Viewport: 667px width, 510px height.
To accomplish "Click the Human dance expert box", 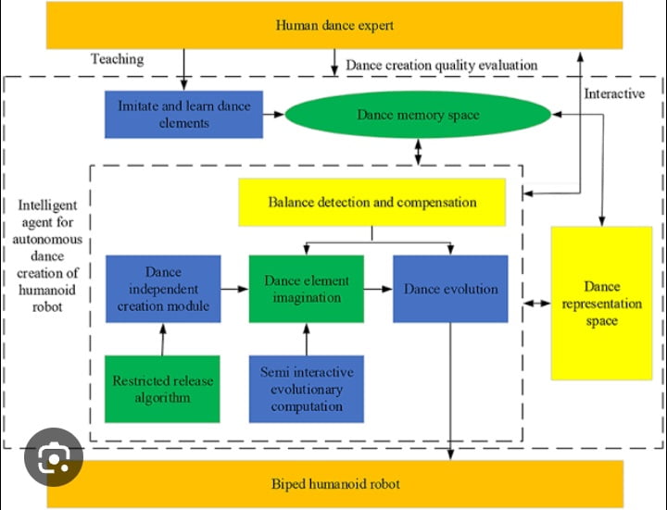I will pyautogui.click(x=334, y=25).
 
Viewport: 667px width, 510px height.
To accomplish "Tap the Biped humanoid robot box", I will pyautogui.click(x=334, y=484).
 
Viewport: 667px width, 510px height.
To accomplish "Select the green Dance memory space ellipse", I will pyautogui.click(x=418, y=115).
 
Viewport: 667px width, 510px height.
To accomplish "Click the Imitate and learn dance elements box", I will pyautogui.click(x=183, y=114).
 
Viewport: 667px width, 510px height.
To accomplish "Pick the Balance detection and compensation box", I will pyautogui.click(x=372, y=202).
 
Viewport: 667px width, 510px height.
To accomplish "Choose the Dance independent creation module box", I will pyautogui.click(x=163, y=289).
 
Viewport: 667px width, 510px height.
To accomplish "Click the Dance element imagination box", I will pyautogui.click(x=306, y=289).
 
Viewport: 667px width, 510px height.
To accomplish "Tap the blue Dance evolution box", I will pyautogui.click(x=450, y=289).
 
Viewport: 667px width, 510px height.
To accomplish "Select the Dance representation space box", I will pyautogui.click(x=600, y=303).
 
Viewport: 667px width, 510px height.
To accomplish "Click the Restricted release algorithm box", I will pyautogui.click(x=163, y=389).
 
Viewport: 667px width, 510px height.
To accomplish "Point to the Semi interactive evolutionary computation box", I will pyautogui.click(x=306, y=389).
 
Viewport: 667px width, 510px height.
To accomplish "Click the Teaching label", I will pyautogui.click(x=117, y=59).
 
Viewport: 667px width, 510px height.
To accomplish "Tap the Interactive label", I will pyautogui.click(x=614, y=93).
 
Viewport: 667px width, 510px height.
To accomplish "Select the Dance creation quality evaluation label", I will pyautogui.click(x=441, y=65).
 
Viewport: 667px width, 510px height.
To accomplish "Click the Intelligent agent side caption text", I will pyautogui.click(x=46, y=255).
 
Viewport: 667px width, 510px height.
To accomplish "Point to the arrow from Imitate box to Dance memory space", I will pyautogui.click(x=273, y=115).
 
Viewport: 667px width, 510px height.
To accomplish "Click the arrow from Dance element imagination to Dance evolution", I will pyautogui.click(x=378, y=289).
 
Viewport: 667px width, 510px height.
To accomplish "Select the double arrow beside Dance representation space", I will pyautogui.click(x=536, y=304).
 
